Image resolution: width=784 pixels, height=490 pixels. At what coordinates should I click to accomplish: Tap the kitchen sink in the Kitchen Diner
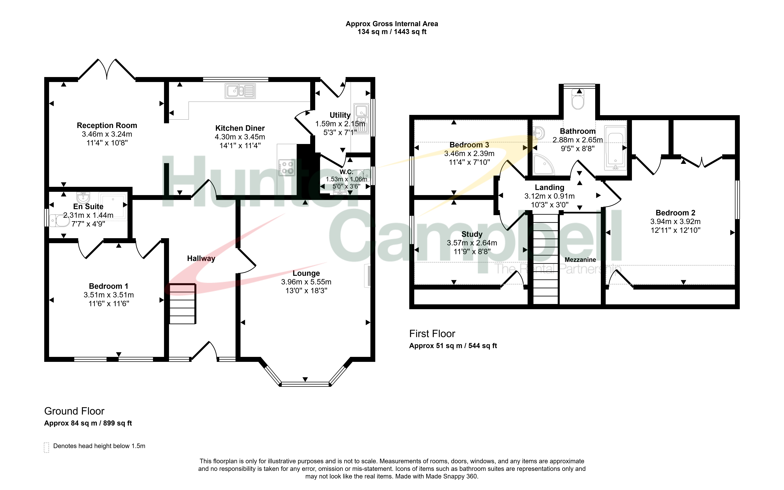240,91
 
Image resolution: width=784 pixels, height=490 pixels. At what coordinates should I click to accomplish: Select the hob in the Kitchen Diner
287,168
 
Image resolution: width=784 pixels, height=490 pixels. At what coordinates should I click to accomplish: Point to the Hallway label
201,258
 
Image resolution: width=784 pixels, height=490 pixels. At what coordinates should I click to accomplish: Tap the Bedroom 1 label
109,286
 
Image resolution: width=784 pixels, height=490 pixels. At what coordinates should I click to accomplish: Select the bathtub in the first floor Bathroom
615,148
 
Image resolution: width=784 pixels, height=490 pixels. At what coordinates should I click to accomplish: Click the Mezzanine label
580,260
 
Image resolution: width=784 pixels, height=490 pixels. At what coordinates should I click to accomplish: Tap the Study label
472,234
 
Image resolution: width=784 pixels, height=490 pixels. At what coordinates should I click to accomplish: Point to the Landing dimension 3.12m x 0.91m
549,196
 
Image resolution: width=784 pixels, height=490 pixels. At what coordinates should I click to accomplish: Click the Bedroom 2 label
675,213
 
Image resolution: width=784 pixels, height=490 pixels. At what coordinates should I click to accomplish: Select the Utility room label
340,115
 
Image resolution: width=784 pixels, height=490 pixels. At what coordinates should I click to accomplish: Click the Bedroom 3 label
469,145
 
